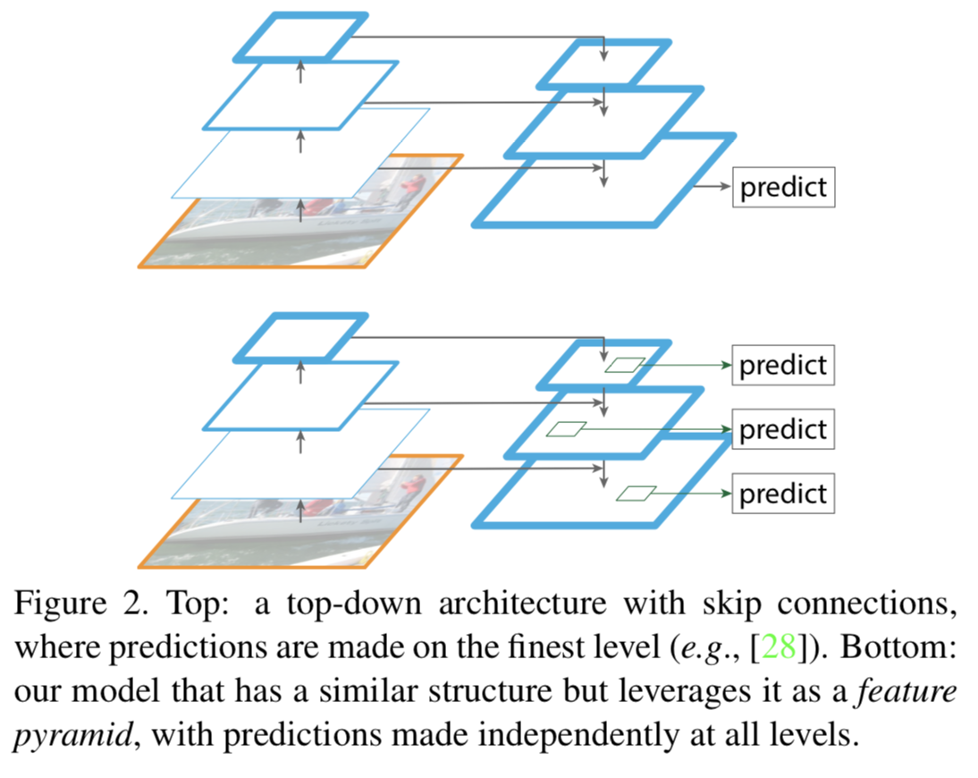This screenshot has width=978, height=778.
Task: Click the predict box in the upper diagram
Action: pos(783,188)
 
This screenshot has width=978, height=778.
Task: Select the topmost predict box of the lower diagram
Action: pos(783,365)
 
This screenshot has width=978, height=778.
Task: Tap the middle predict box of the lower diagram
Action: pos(783,429)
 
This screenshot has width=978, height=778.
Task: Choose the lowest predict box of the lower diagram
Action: pos(783,494)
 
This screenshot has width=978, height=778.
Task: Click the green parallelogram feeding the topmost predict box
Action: pos(624,365)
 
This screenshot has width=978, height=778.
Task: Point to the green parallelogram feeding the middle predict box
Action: pos(566,429)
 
